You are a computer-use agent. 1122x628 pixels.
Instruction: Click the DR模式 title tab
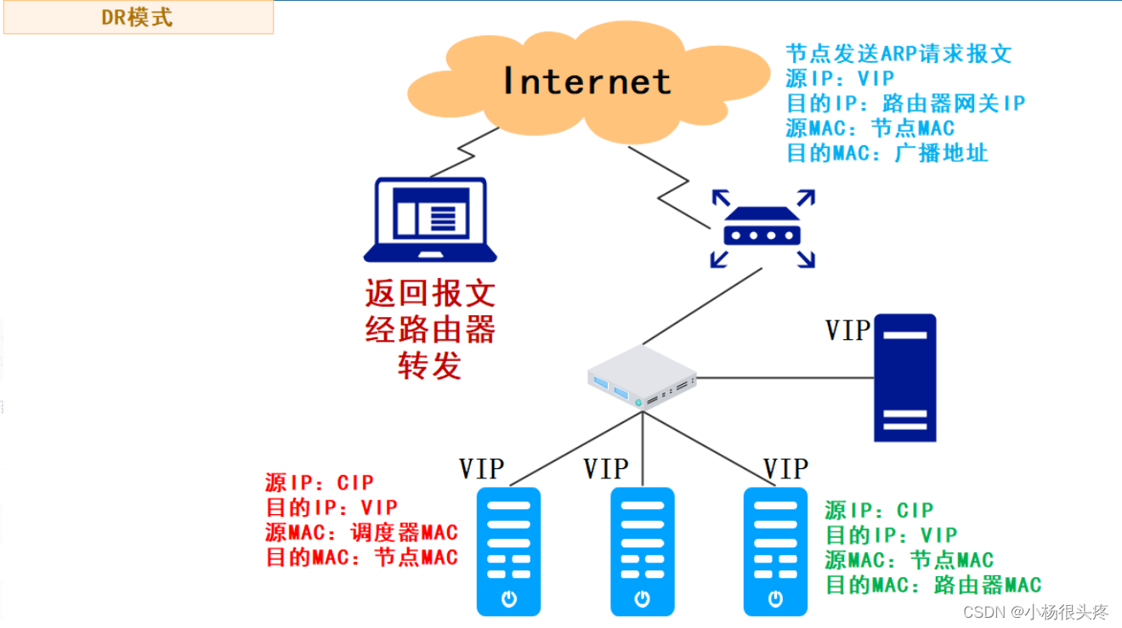point(137,18)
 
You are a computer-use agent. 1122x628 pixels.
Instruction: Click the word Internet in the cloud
point(586,82)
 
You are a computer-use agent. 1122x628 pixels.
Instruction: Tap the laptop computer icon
point(430,219)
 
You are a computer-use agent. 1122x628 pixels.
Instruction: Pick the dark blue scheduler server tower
point(905,378)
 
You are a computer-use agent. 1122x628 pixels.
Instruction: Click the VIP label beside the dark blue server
point(847,331)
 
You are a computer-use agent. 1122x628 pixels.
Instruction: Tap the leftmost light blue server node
point(508,551)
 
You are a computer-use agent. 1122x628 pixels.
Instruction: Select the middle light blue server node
point(643,551)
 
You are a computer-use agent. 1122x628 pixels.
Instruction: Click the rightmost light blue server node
point(775,551)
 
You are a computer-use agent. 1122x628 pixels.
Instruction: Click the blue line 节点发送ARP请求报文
point(898,54)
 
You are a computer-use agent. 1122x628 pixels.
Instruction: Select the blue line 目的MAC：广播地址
point(887,154)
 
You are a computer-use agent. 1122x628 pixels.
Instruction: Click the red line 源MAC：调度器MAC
point(361,533)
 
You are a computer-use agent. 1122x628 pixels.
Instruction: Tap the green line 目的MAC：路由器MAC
point(932,585)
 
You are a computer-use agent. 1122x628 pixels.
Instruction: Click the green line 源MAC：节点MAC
point(909,560)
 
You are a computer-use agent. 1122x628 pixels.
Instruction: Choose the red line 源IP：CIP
point(319,484)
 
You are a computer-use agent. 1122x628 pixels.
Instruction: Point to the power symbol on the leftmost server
point(508,598)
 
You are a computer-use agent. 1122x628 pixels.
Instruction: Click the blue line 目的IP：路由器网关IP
point(905,104)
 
